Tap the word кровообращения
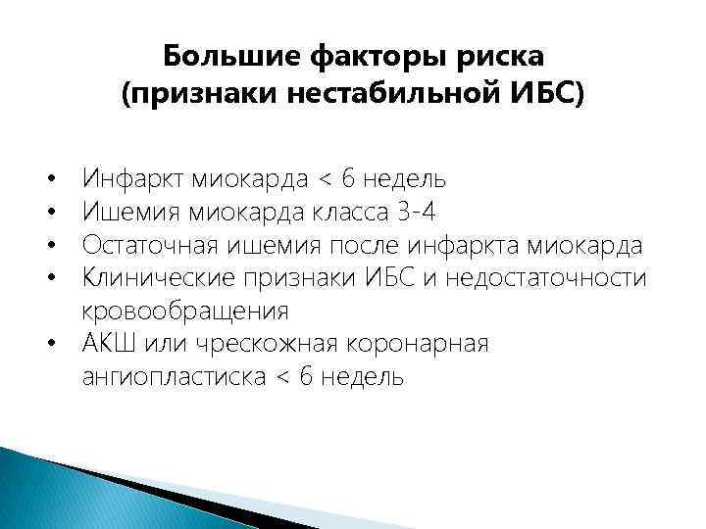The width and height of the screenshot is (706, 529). (185, 312)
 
